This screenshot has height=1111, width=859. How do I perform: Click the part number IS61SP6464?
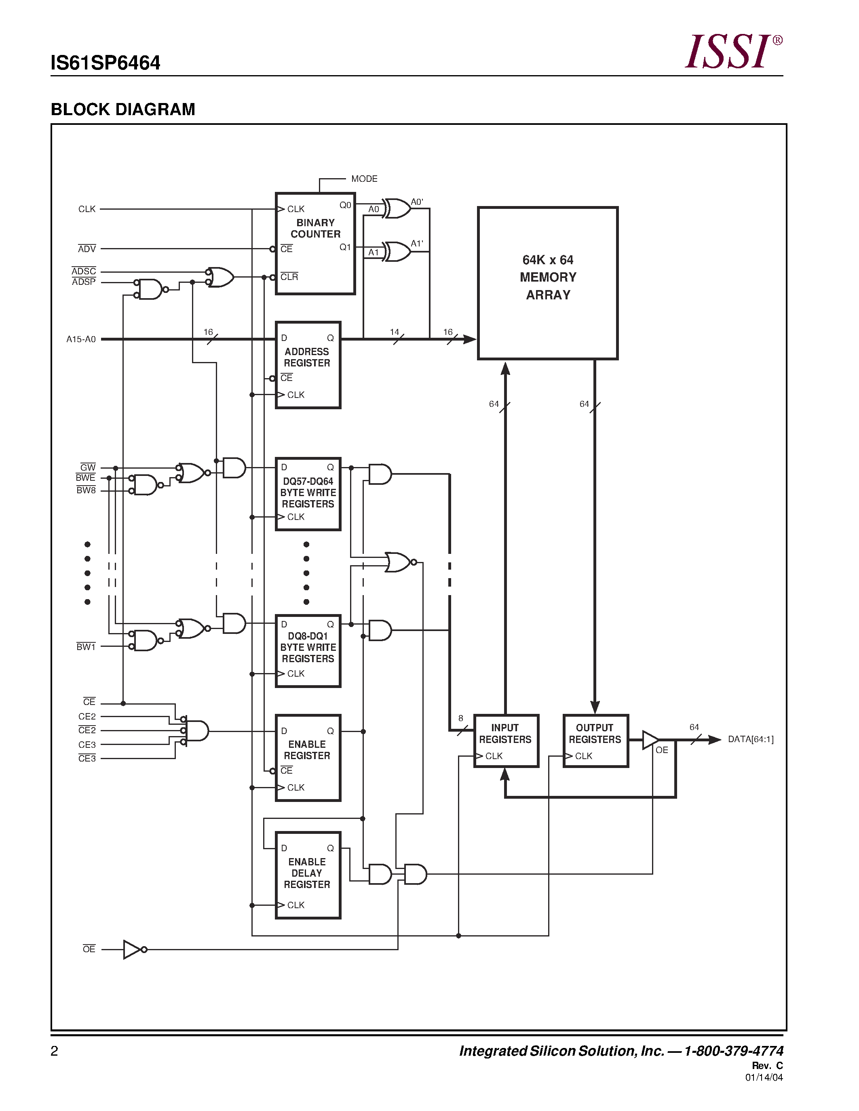pyautogui.click(x=106, y=63)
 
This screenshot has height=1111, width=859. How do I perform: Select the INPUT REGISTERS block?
pyautogui.click(x=506, y=740)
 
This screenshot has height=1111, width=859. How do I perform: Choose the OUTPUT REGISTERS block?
pyautogui.click(x=595, y=740)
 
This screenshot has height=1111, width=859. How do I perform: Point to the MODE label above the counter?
pyautogui.click(x=364, y=179)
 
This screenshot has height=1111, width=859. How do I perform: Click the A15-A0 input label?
pyautogui.click(x=81, y=339)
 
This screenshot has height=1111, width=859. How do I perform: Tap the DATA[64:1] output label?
pyautogui.click(x=750, y=739)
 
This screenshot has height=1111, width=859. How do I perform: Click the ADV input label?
pyautogui.click(x=87, y=249)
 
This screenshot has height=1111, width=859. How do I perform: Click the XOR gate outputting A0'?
pyautogui.click(x=397, y=208)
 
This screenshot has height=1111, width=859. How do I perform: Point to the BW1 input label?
pyautogui.click(x=86, y=646)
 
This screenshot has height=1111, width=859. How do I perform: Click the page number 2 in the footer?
pyautogui.click(x=55, y=1050)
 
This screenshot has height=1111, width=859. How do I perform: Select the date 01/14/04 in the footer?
pyautogui.click(x=764, y=1077)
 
